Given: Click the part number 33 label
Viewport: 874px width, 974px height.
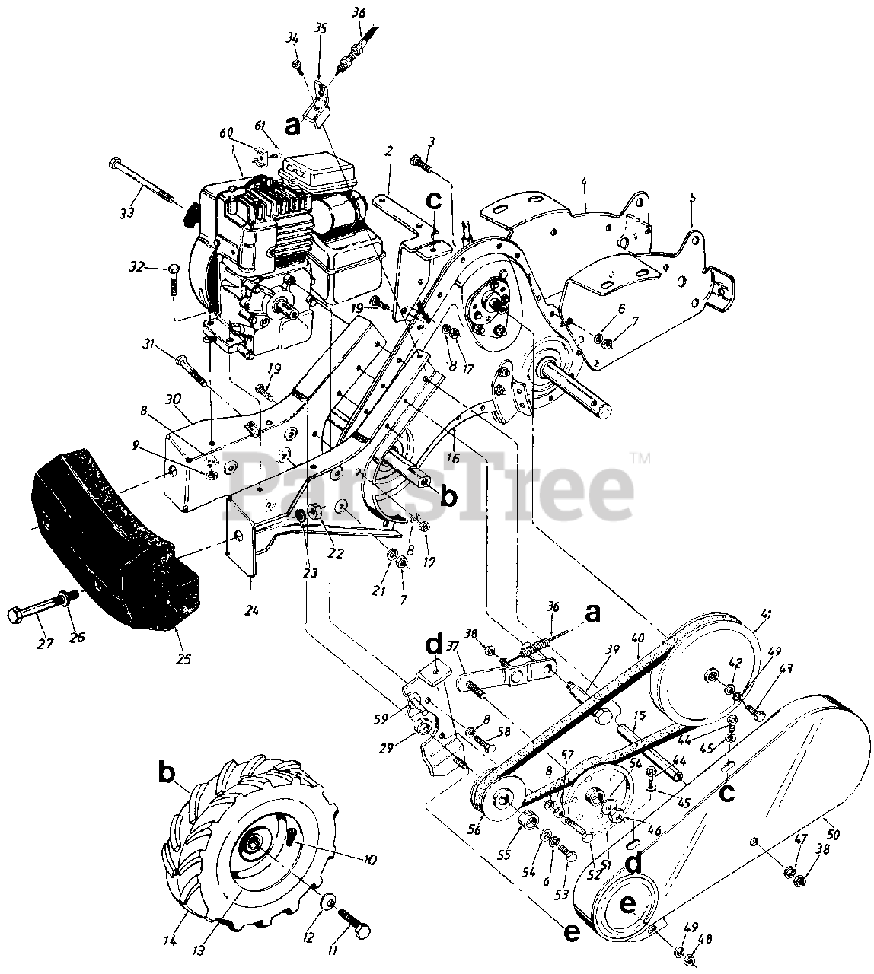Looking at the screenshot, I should click(127, 212).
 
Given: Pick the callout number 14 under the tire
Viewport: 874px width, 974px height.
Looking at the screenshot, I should click(169, 941).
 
